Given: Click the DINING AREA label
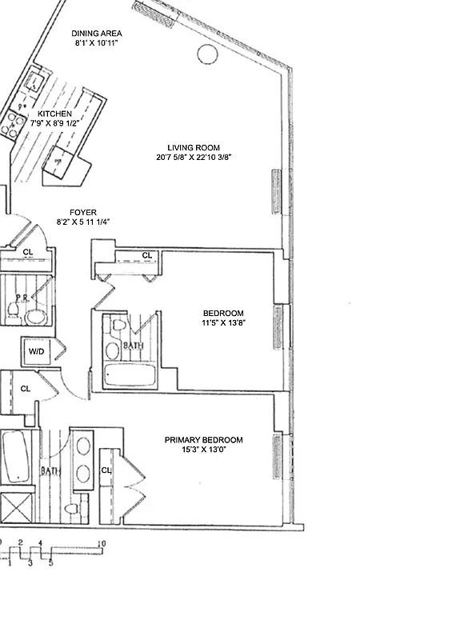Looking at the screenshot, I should click(96, 33).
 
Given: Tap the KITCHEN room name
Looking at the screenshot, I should click(54, 114).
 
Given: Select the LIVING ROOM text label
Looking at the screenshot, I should click(193, 148).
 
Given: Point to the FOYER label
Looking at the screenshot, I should click(82, 212).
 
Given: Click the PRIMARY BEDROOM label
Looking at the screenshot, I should click(203, 440).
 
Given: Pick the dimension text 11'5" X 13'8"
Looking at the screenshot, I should click(223, 323).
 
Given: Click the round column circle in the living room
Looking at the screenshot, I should click(206, 54).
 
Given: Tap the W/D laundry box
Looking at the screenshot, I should click(36, 351).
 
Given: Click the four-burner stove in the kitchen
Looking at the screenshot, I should click(14, 122).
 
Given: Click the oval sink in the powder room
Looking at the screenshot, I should click(35, 316).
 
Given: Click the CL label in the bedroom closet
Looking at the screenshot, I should click(146, 255).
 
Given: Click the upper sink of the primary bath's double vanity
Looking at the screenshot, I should click(82, 444).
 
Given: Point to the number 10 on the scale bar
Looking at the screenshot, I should click(101, 544).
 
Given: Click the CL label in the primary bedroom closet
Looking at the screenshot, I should click(106, 470).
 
